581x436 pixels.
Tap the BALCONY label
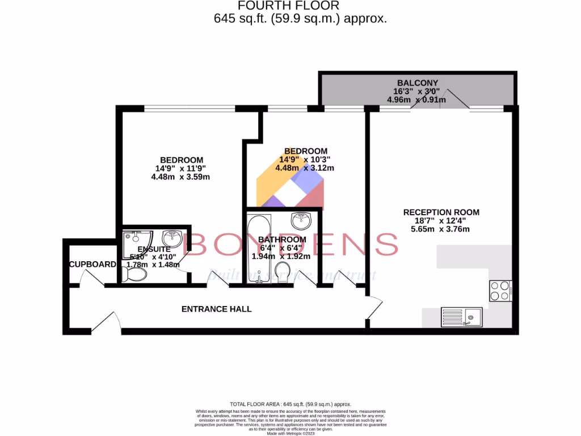pos(417,82)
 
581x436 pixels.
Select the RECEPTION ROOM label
pos(441,212)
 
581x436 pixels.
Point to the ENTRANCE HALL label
pos(216,309)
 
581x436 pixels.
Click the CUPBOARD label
pos(92,264)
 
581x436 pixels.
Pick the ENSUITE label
pos(150,249)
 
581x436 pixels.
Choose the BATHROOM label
pos(282,240)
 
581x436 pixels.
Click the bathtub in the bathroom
pos(259,248)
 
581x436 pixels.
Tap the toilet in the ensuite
pos(134,275)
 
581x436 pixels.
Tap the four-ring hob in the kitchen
pos(500,291)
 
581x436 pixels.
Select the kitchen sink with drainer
pos(462,316)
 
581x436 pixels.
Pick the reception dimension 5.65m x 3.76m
pos(441,229)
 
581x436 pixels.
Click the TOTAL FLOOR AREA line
pos(290,402)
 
